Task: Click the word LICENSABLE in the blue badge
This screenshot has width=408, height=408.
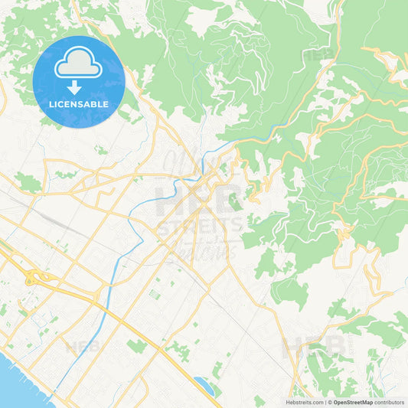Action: pyautogui.click(x=79, y=104)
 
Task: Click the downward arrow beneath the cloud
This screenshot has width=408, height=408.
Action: pyautogui.click(x=79, y=86)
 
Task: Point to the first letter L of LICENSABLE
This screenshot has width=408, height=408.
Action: pyautogui.click(x=51, y=104)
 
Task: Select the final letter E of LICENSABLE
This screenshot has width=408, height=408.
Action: pyautogui.click(x=106, y=104)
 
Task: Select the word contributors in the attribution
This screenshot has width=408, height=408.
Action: pyautogui.click(x=390, y=402)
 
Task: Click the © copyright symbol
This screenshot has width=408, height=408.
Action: pyautogui.click(x=330, y=402)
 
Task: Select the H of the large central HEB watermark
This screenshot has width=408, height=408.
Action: pyautogui.click(x=168, y=200)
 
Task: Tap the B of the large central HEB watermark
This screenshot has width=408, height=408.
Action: pyautogui.click(x=228, y=200)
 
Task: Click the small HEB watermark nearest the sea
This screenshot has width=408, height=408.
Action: pyautogui.click(x=82, y=346)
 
